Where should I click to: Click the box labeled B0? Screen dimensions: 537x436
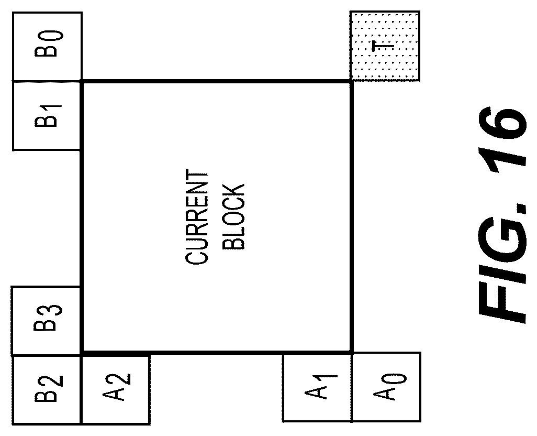click(x=47, y=47)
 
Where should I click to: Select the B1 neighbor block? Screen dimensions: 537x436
click(x=47, y=116)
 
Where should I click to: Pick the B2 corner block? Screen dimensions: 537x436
click(x=47, y=390)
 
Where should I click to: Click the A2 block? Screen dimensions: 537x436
click(x=116, y=390)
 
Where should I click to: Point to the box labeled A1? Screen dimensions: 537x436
click(x=318, y=388)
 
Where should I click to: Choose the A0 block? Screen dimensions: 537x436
click(x=386, y=387)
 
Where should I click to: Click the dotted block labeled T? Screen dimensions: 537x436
click(x=385, y=46)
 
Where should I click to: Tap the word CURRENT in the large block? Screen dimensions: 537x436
click(x=197, y=219)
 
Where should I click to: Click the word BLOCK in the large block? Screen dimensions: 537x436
click(x=233, y=219)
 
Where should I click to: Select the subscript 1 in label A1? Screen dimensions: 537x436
click(x=328, y=380)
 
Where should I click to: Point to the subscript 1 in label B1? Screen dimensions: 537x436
click(x=53, y=111)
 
